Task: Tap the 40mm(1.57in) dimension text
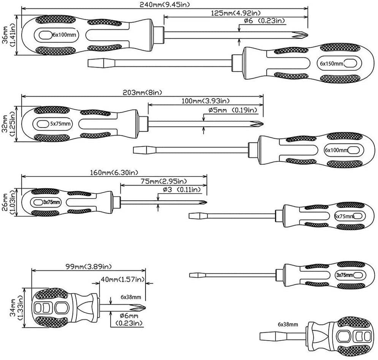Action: (123, 280)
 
